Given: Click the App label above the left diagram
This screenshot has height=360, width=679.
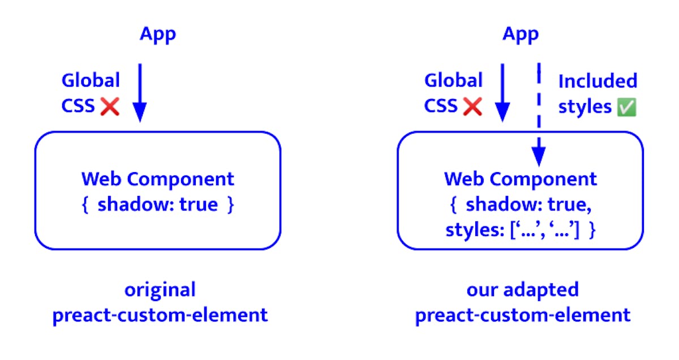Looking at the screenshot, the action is pyautogui.click(x=158, y=35).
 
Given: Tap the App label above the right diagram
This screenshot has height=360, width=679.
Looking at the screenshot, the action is pyautogui.click(x=521, y=35).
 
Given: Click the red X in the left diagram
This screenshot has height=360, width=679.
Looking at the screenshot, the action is pyautogui.click(x=110, y=106).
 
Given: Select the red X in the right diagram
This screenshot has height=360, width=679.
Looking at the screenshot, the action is pyautogui.click(x=472, y=106).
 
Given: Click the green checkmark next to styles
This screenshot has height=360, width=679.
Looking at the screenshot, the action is pyautogui.click(x=626, y=107).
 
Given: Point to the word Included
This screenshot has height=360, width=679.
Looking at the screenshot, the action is pyautogui.click(x=598, y=81).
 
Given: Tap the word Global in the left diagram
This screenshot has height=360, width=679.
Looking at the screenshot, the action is pyautogui.click(x=91, y=80).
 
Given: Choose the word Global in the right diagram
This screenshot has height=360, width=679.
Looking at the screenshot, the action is pyautogui.click(x=453, y=80).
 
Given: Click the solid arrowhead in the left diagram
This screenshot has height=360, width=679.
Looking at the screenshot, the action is pyautogui.click(x=140, y=112).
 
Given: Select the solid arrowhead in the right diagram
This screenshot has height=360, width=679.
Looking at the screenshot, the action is pyautogui.click(x=502, y=112).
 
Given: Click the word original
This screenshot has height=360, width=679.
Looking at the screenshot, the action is pyautogui.click(x=160, y=290).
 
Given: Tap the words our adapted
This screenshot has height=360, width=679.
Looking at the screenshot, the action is pyautogui.click(x=523, y=290).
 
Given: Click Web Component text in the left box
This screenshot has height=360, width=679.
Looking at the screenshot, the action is pyautogui.click(x=158, y=179).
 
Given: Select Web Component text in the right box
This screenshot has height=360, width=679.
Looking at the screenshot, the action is pyautogui.click(x=521, y=179).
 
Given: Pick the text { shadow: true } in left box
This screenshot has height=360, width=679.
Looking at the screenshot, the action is pyautogui.click(x=158, y=205).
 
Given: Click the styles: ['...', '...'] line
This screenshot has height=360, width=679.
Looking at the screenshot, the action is pyautogui.click(x=521, y=230).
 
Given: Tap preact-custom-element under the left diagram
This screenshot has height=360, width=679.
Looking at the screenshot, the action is pyautogui.click(x=160, y=316).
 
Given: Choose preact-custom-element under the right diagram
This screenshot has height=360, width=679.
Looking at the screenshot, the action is pyautogui.click(x=523, y=316).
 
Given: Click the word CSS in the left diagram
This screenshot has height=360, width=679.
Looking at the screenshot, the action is pyautogui.click(x=78, y=106).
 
